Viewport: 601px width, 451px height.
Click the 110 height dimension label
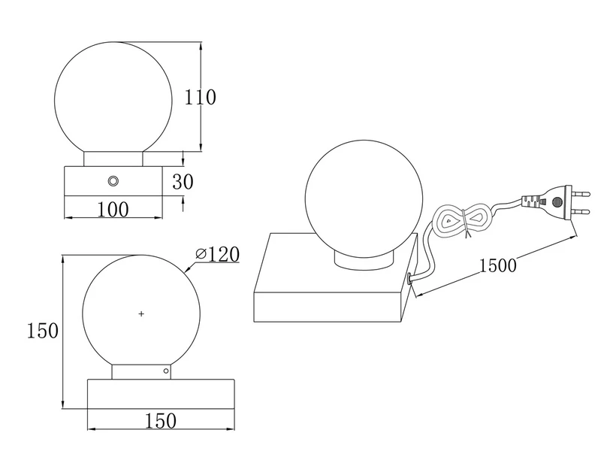pyautogui.click(x=201, y=97)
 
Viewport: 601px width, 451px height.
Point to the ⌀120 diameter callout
pyautogui.click(x=219, y=254)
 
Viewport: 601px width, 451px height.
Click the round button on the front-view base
pyautogui.click(x=113, y=180)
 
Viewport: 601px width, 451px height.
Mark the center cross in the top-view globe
pyautogui.click(x=141, y=313)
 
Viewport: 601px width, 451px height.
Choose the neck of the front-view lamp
pyautogui.click(x=113, y=158)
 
